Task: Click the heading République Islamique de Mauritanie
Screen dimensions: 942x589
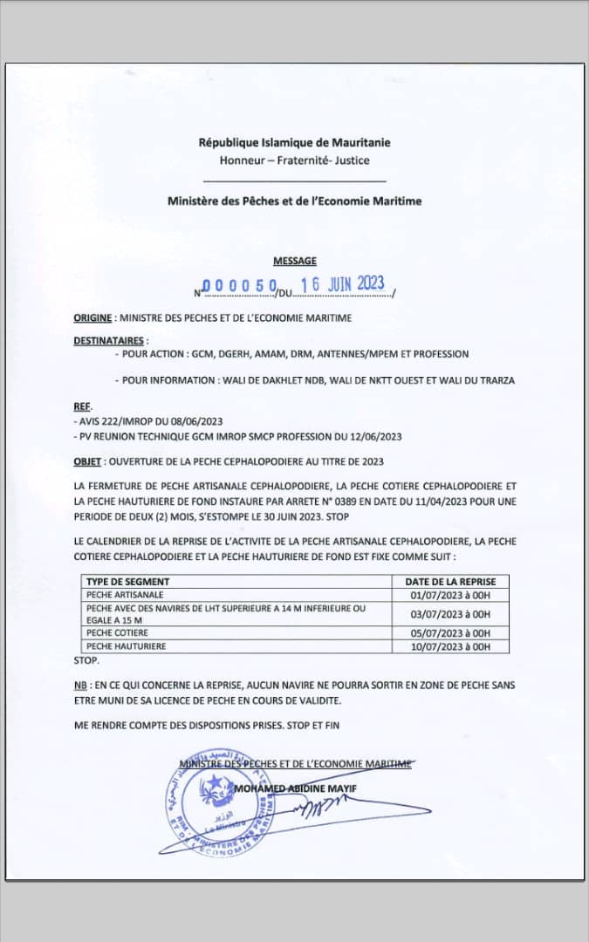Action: [294, 142]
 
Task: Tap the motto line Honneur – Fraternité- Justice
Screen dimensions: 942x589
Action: [294, 160]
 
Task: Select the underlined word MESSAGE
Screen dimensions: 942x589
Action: [295, 261]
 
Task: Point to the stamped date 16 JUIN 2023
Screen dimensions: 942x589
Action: [342, 284]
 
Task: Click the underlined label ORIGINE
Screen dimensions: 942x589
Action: [93, 318]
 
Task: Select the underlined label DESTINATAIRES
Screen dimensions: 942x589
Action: [110, 340]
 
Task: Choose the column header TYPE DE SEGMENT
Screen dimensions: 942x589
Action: [127, 581]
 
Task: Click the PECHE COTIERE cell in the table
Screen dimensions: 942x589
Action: [117, 632]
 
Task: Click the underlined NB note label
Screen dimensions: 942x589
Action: [79, 686]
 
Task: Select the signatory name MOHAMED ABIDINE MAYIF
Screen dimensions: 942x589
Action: [296, 789]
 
